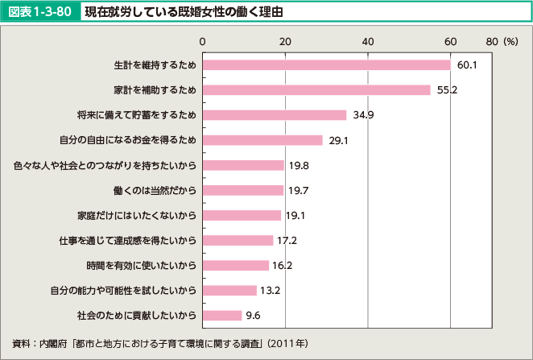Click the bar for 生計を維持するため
tap(326, 64)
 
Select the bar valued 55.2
tap(316, 89)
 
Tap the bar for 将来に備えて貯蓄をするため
tap(275, 114)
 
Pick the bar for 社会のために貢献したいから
tap(222, 315)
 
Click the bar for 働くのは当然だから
tap(243, 190)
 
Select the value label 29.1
tap(338, 140)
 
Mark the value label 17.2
tap(287, 240)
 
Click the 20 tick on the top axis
tap(285, 40)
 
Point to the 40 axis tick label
tap(367, 40)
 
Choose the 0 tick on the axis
tap(203, 40)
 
